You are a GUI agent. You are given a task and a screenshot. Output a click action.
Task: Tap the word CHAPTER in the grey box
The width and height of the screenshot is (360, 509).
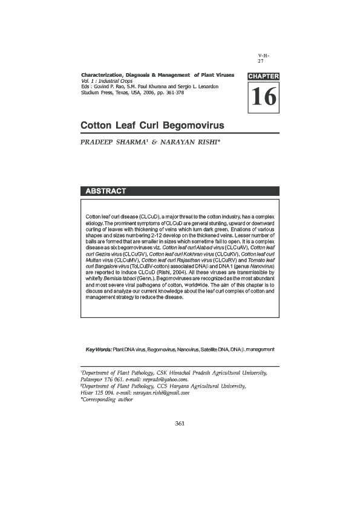[263, 76]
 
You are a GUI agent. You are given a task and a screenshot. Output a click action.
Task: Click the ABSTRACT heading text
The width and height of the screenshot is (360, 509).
[105, 192]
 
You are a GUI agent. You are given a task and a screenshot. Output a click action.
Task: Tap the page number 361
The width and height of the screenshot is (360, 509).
[179, 423]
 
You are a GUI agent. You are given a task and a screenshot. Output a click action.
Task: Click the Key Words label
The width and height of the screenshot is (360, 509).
[99, 349]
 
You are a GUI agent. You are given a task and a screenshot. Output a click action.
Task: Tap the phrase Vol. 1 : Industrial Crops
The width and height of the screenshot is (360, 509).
[106, 80]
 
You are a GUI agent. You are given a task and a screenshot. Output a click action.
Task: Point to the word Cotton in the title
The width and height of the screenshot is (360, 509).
[99, 125]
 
